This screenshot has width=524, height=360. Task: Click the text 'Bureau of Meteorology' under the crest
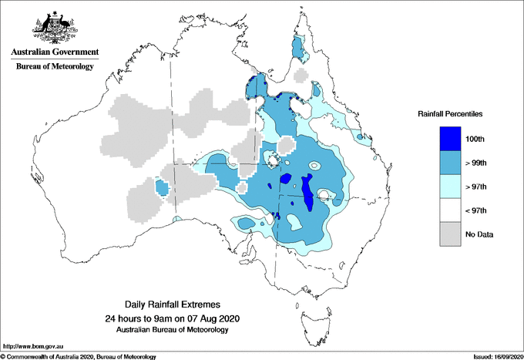tap(54, 67)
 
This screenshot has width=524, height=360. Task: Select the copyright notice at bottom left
tap(79, 356)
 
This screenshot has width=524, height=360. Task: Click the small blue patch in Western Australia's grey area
tap(162, 187)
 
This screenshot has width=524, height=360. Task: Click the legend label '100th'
tap(476, 139)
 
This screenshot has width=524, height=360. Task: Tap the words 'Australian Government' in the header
tap(54, 52)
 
